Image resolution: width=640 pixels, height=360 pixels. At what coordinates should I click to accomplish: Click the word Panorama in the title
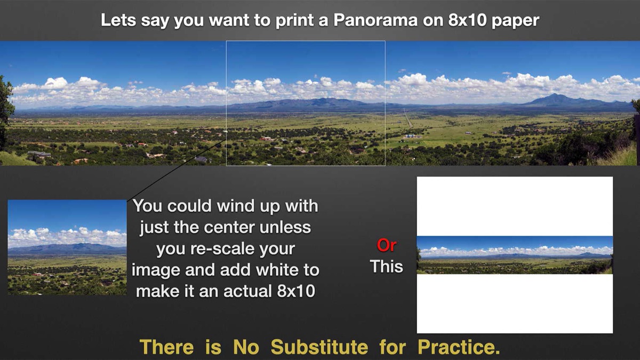[375, 21]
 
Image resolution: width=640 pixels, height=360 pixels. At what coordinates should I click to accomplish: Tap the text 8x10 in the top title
[467, 21]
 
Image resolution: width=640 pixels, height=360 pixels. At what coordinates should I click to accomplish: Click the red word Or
[387, 245]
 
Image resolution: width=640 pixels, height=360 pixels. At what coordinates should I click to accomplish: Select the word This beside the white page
[386, 266]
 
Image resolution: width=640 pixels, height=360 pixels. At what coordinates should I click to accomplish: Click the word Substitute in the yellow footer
[319, 347]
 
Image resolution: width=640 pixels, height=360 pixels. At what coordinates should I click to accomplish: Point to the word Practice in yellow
[459, 347]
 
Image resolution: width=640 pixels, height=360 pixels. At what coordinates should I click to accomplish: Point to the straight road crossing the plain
[408, 118]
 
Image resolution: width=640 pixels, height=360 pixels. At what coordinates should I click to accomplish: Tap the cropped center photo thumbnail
[67, 247]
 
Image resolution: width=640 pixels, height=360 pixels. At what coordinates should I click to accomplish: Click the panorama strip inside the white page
[515, 255]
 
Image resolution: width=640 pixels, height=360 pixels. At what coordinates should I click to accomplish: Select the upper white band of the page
[515, 206]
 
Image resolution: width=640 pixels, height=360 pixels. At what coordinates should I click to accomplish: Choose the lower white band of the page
[515, 303]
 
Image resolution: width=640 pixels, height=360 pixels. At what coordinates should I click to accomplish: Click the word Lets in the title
[118, 21]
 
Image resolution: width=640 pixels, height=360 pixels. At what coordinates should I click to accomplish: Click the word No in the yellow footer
[246, 347]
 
